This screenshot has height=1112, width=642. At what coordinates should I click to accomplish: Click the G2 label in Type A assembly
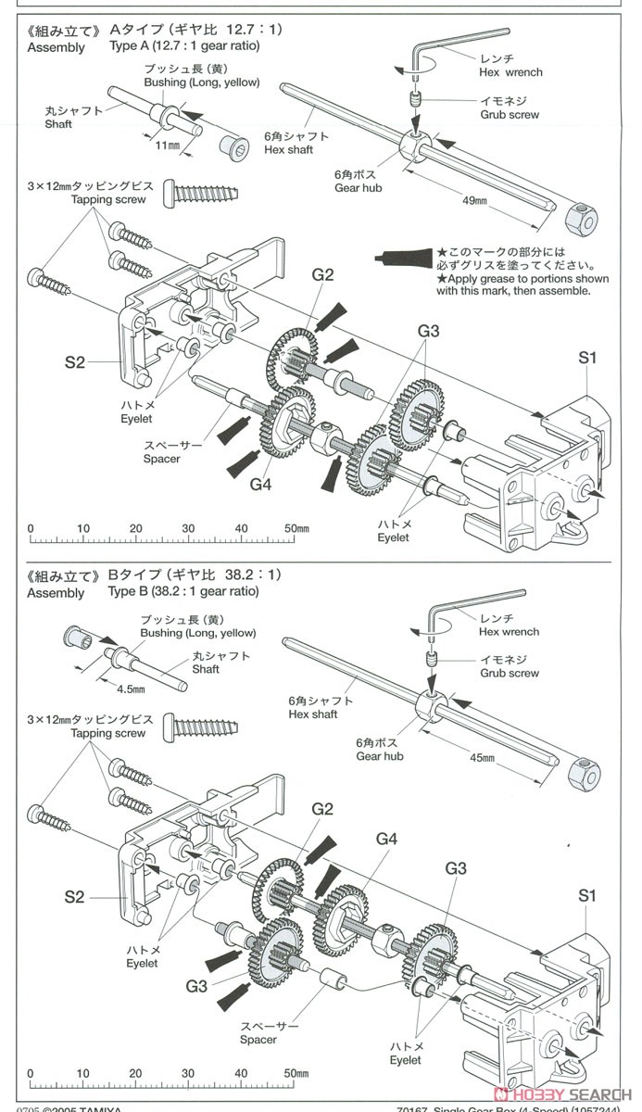point(322,274)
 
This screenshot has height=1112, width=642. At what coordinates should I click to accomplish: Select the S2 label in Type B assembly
point(75,897)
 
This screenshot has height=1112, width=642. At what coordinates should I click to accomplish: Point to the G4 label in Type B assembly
point(386,839)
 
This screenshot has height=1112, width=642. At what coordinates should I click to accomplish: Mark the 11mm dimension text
point(167,146)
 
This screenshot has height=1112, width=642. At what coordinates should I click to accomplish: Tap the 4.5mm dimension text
point(130,689)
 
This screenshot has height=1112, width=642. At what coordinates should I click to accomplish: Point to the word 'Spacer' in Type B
point(258,1040)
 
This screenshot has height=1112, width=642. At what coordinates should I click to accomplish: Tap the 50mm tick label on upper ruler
point(296,528)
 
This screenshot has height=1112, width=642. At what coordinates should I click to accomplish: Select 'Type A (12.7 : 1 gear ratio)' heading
point(184,44)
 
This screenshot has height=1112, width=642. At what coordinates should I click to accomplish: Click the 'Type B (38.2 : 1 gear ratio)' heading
point(183,591)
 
